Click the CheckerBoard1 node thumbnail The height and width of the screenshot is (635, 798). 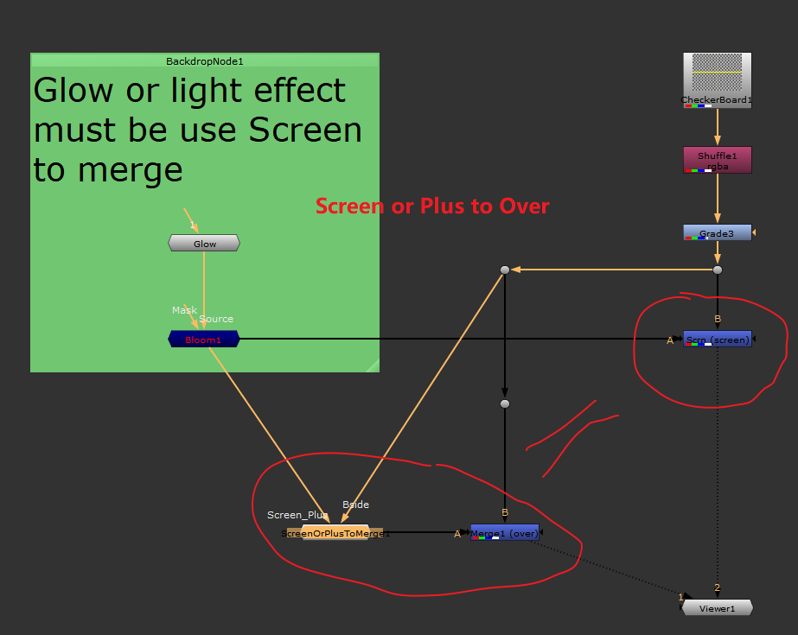[717, 76]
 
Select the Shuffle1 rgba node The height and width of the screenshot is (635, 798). [717, 160]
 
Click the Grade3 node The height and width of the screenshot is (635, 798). [717, 233]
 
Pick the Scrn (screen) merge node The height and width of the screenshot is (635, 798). [717, 340]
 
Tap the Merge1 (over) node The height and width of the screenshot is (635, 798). [505, 533]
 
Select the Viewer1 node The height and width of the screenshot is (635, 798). [717, 608]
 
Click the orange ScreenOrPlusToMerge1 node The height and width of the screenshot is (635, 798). [335, 533]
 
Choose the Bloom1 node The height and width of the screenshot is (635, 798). [204, 340]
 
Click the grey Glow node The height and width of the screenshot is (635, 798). [204, 244]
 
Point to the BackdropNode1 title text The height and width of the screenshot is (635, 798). [205, 61]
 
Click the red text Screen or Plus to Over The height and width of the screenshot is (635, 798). [432, 206]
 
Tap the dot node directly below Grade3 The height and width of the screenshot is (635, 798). [717, 270]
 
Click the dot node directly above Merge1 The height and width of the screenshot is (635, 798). [505, 403]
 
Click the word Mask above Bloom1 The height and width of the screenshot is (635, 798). [184, 310]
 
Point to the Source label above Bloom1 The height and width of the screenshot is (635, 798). [216, 319]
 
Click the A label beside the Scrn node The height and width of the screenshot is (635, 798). [670, 340]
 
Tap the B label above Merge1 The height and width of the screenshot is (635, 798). [505, 513]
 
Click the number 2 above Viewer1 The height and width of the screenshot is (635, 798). [717, 588]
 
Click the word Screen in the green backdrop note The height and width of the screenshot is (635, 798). [305, 130]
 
